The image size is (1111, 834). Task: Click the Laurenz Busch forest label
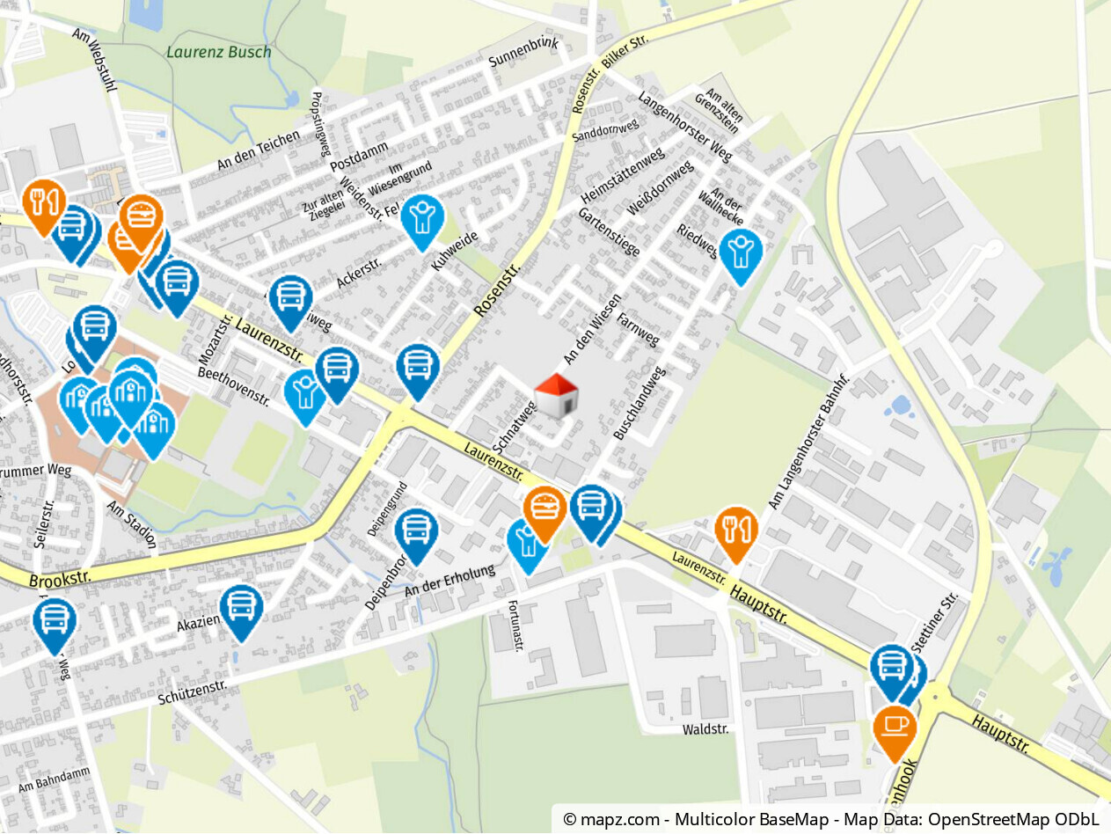coord(219,52)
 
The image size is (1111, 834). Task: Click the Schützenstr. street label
coord(193,692)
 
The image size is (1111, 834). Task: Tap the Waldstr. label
coord(705,729)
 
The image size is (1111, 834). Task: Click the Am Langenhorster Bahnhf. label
coord(809,442)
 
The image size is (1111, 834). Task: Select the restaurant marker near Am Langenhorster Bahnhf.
coord(736,530)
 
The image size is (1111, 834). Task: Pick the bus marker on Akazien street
coord(241,608)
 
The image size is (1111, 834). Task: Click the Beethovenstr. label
coord(234,384)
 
